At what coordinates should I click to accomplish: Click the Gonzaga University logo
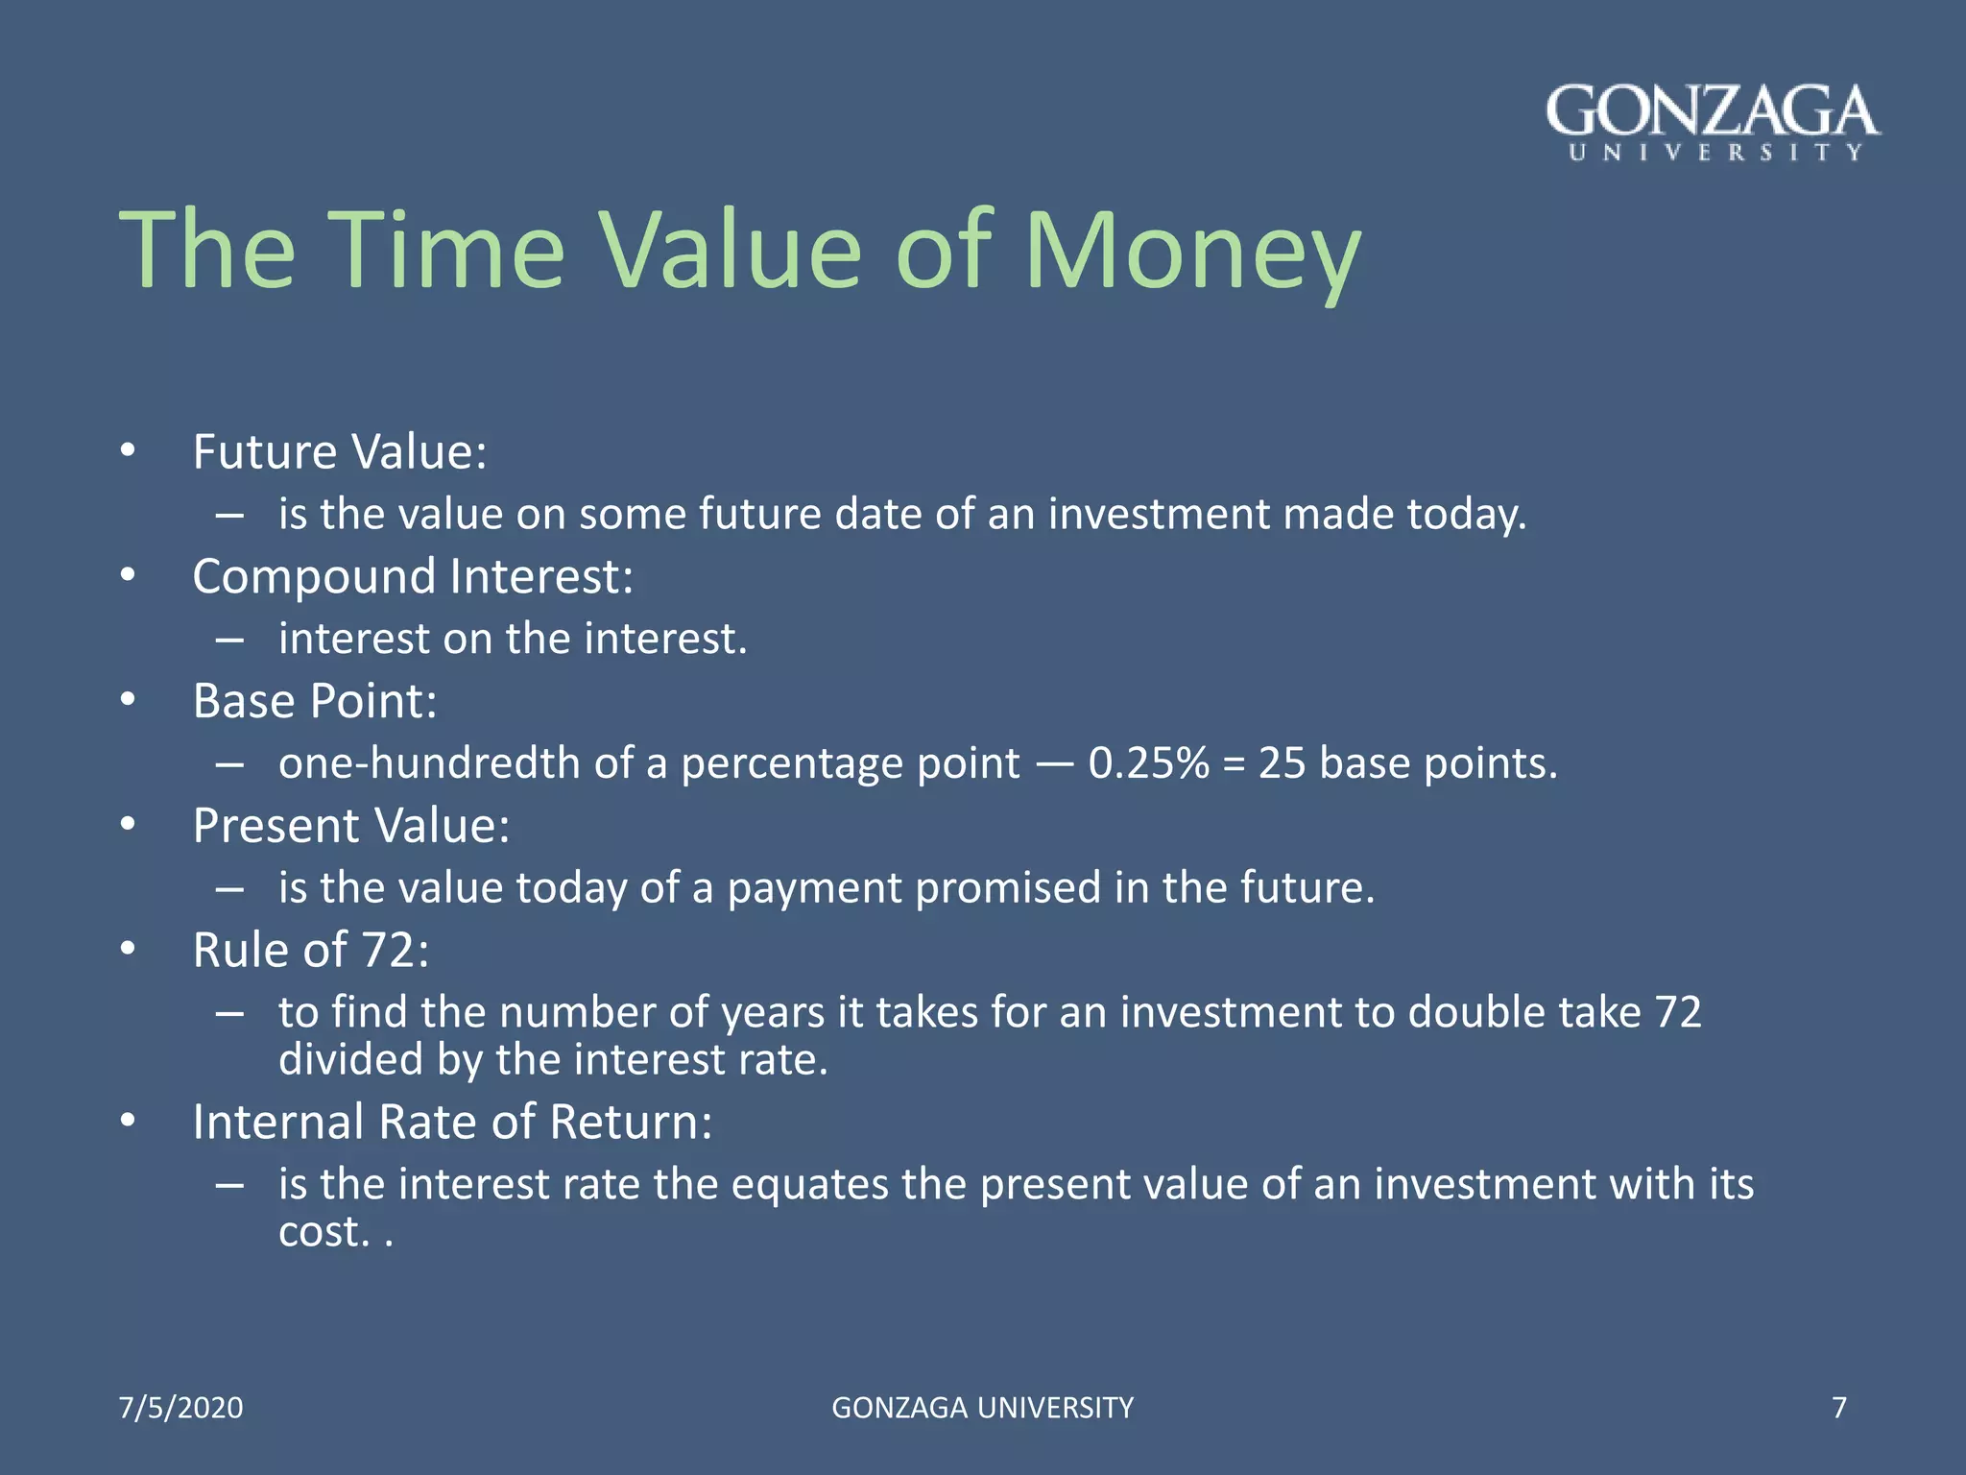(1713, 123)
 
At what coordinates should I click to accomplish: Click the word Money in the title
(1192, 252)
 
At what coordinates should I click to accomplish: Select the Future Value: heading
(340, 452)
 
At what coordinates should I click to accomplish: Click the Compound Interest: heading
(413, 577)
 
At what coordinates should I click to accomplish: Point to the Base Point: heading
(315, 701)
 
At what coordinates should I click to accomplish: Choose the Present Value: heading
(351, 826)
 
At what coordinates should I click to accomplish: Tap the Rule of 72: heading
(311, 951)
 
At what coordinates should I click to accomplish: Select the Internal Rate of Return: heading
(452, 1122)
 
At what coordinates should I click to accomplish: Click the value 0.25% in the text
(1149, 764)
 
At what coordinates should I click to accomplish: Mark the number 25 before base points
(1283, 764)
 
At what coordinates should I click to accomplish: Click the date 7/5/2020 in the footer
(180, 1408)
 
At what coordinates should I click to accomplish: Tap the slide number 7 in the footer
(1839, 1408)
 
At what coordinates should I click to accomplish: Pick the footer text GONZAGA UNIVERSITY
(982, 1408)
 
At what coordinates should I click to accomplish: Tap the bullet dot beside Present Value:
(129, 825)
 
